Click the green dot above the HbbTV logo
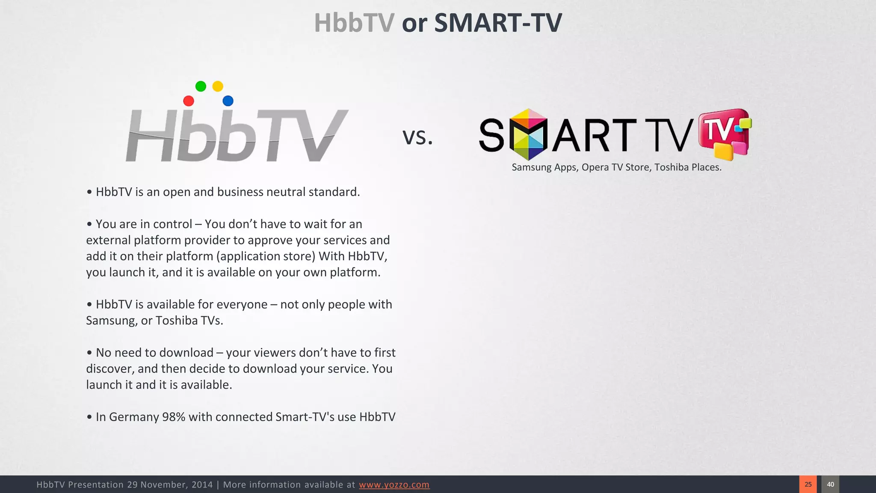[201, 86]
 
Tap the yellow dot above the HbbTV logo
[218, 86]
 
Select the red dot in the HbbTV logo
[189, 101]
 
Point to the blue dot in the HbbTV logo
[228, 101]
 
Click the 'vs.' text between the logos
[417, 137]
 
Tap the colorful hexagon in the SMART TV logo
[529, 134]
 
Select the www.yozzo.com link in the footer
[394, 485]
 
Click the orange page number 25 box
[808, 484]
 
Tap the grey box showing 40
[830, 484]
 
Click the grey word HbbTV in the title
[354, 23]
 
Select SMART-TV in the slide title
[498, 23]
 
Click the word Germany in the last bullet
[134, 417]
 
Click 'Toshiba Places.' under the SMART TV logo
[688, 167]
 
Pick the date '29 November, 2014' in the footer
[170, 485]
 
